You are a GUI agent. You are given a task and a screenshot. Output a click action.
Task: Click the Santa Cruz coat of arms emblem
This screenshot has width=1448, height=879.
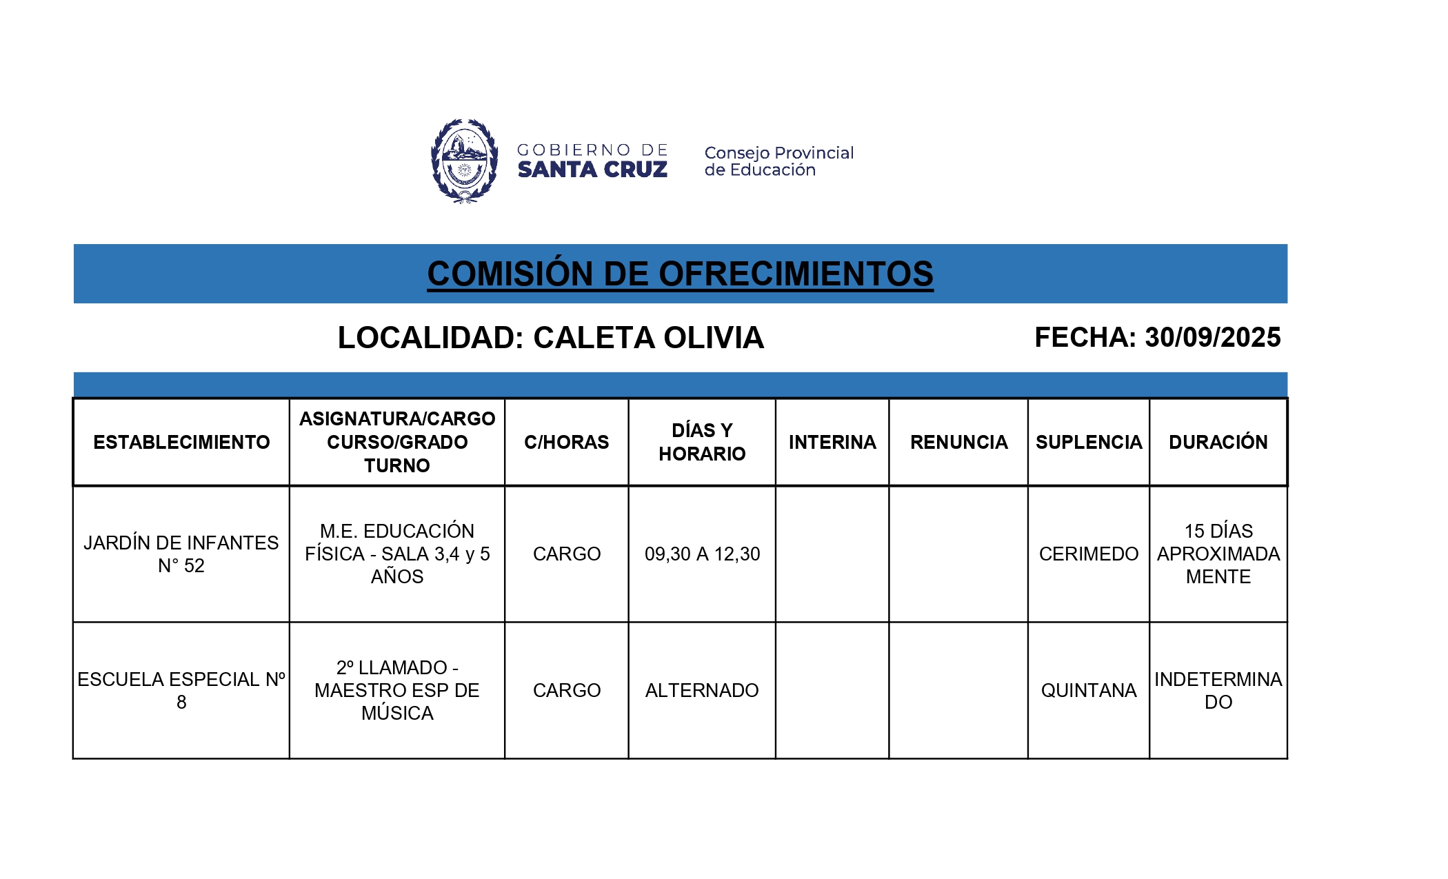[x=464, y=161]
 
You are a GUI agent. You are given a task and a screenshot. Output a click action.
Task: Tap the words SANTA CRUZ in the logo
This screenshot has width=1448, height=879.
[x=592, y=170]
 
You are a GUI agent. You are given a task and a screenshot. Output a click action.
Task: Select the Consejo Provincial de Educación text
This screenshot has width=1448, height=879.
[x=778, y=161]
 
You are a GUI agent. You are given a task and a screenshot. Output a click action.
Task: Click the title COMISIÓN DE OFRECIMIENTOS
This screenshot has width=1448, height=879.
[x=680, y=274]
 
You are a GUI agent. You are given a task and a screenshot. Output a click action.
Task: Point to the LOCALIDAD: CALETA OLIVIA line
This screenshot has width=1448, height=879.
[x=550, y=338]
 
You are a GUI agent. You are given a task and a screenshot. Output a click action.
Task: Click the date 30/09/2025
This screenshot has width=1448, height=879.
[x=1212, y=338]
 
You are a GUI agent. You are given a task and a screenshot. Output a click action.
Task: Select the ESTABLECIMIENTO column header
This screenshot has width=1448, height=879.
[x=181, y=442]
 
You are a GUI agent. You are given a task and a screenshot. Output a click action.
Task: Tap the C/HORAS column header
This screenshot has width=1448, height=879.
[x=566, y=442]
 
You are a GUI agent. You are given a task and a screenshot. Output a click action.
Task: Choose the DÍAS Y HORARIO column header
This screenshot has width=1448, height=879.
[x=702, y=442]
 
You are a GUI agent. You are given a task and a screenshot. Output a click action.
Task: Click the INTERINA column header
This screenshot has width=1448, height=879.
[x=832, y=442]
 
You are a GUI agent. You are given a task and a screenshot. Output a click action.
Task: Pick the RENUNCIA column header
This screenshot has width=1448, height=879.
[x=958, y=442]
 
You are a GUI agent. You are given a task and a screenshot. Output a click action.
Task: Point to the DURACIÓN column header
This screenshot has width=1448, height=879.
[x=1218, y=442]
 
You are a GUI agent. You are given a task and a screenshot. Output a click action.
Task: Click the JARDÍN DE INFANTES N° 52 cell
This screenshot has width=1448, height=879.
[x=181, y=554]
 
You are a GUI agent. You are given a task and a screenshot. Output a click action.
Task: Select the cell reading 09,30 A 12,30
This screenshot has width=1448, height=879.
[x=702, y=554]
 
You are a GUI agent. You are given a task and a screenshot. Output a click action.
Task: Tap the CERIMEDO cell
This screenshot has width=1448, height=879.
[x=1088, y=554]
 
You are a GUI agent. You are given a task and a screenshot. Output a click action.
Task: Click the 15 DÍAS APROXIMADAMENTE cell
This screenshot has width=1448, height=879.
[x=1218, y=554]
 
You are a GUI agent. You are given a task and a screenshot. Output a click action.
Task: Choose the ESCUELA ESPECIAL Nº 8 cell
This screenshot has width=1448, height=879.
[x=181, y=690]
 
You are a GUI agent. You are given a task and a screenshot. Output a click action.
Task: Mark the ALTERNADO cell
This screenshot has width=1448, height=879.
[x=702, y=690]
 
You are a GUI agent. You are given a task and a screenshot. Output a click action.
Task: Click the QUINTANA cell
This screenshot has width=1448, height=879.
[x=1088, y=690]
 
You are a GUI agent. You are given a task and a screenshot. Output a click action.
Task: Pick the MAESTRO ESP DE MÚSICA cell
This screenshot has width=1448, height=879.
[x=397, y=690]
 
